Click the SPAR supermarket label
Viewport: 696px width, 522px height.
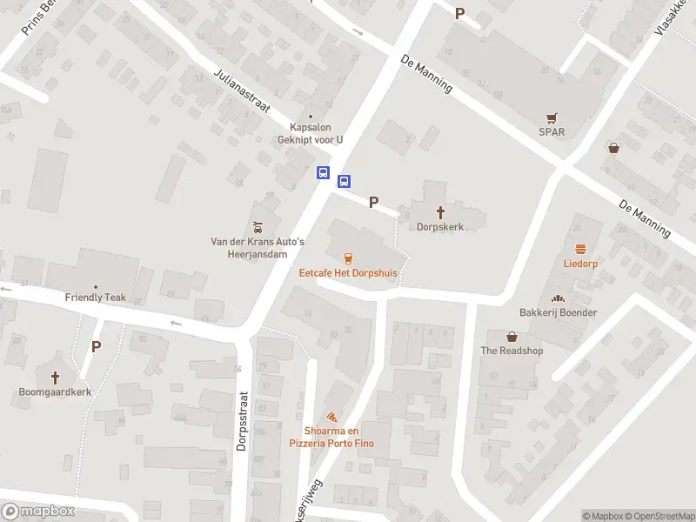click(x=551, y=132)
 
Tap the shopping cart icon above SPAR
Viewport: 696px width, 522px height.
click(x=551, y=117)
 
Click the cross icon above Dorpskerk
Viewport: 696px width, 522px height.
click(x=440, y=211)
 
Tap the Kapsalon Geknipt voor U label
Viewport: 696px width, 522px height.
click(x=311, y=132)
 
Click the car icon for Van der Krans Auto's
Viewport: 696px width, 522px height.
click(x=258, y=227)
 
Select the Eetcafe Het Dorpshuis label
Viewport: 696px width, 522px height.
click(x=348, y=272)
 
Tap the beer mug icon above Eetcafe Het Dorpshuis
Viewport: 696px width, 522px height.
click(x=348, y=258)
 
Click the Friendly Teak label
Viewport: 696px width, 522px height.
click(x=96, y=297)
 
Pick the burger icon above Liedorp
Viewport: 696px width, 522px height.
click(x=580, y=248)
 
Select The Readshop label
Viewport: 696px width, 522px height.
click(x=512, y=351)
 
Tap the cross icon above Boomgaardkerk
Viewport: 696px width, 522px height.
click(x=56, y=378)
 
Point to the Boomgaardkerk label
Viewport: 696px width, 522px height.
click(x=56, y=391)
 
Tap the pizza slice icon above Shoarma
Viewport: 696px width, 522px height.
click(x=331, y=417)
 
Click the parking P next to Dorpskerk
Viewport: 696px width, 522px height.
click(x=373, y=203)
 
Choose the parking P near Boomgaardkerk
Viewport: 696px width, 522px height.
click(x=96, y=346)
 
